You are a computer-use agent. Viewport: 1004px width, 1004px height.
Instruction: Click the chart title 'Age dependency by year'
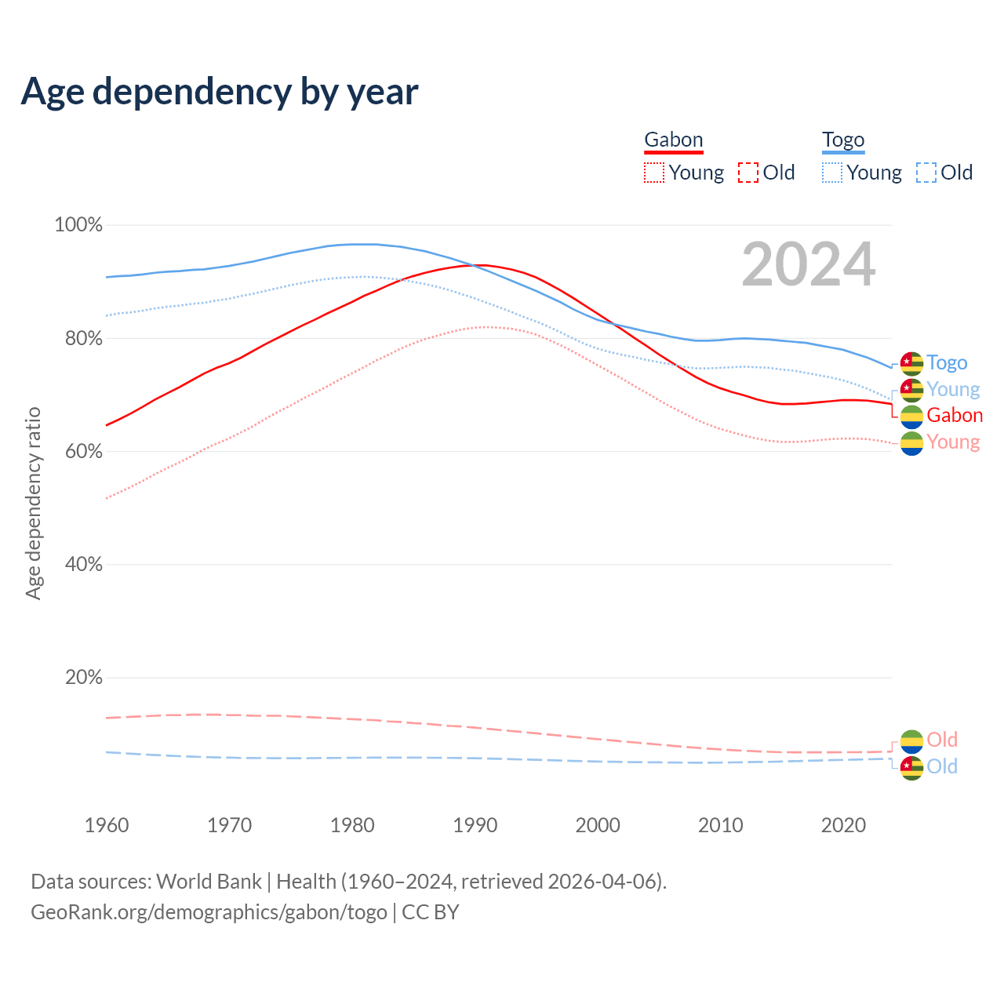[220, 92]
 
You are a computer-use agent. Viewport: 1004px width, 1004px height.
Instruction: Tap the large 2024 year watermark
[808, 265]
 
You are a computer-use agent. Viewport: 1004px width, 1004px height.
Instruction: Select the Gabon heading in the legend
[673, 140]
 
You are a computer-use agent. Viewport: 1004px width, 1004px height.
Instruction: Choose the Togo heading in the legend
[843, 140]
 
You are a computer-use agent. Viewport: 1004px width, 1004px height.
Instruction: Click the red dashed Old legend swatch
[748, 173]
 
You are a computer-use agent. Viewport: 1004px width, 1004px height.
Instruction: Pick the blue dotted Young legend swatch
[832, 173]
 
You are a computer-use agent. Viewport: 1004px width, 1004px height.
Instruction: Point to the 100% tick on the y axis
[78, 225]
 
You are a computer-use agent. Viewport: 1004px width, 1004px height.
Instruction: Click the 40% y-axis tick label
[84, 564]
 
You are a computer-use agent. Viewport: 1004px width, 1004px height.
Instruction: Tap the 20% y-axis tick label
[84, 677]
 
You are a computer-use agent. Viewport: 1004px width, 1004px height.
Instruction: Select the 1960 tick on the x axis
[107, 825]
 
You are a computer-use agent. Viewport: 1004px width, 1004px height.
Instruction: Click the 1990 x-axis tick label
[475, 825]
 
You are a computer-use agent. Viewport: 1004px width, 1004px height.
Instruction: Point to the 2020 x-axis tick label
[843, 825]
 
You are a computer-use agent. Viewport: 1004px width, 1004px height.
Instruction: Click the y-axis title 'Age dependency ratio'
[33, 503]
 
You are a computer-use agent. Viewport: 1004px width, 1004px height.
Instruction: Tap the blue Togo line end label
[947, 362]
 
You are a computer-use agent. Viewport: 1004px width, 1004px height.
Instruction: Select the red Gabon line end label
[955, 415]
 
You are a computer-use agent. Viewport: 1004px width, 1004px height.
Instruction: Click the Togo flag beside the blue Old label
[911, 767]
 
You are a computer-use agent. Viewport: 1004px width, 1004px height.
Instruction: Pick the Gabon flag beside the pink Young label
[911, 443]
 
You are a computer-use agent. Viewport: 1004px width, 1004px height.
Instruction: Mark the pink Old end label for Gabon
[942, 740]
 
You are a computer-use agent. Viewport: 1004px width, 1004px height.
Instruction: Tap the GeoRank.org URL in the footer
[209, 912]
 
